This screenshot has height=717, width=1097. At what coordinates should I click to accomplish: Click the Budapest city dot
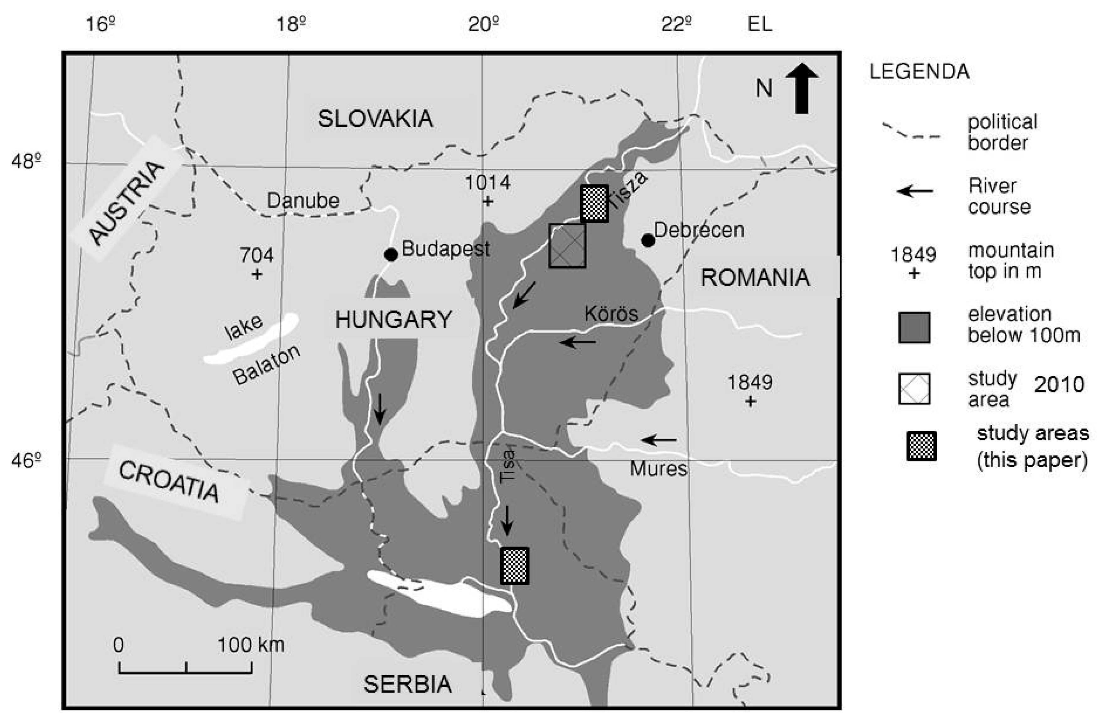point(391,254)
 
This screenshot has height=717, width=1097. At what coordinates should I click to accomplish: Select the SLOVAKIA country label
point(375,119)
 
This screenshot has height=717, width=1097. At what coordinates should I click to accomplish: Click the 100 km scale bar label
point(250,645)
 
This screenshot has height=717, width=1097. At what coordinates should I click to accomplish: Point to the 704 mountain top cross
point(257,275)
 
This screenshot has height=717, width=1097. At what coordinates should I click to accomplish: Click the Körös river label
point(611,314)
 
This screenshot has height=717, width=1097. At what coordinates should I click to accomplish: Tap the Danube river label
point(303,200)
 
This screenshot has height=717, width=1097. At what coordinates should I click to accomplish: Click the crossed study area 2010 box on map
point(567,246)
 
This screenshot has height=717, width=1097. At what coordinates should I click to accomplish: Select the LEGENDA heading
point(919,72)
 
